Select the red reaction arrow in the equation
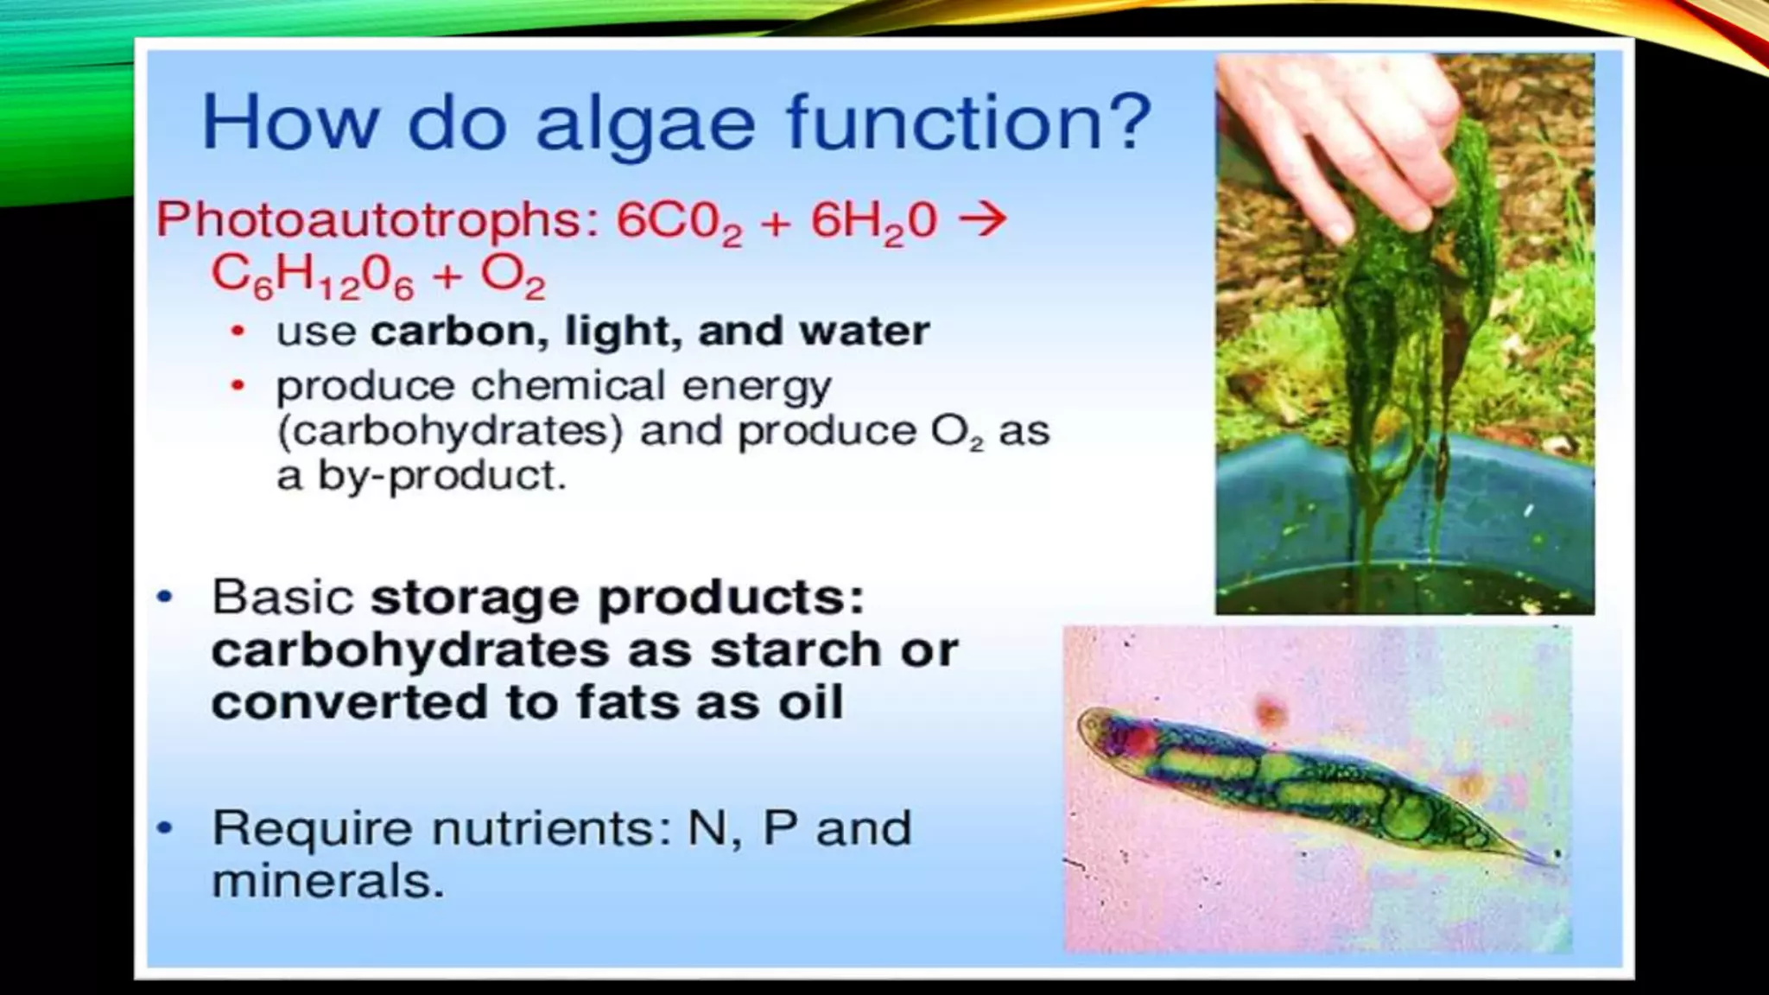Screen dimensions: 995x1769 pyautogui.click(x=983, y=218)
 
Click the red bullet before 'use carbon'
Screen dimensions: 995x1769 pyautogui.click(x=238, y=332)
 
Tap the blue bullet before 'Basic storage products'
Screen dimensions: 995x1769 pyautogui.click(x=164, y=597)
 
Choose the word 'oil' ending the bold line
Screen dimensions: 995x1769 pyautogui.click(x=810, y=701)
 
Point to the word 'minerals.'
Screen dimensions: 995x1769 pyautogui.click(x=327, y=882)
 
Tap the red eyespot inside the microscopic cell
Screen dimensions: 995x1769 pyautogui.click(x=1138, y=738)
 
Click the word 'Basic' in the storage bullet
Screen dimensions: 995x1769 pyautogui.click(x=282, y=597)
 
